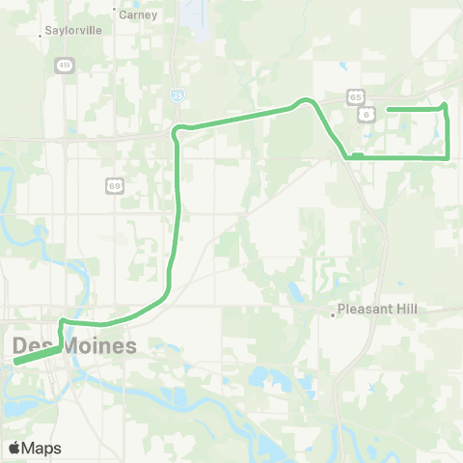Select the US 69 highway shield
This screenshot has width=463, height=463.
click(112, 183)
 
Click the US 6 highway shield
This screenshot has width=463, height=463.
click(367, 114)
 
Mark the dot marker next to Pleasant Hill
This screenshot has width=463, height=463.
click(332, 313)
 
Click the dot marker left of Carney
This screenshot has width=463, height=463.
click(113, 14)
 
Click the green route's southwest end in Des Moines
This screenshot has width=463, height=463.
click(16, 363)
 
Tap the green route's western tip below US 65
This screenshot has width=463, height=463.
click(388, 110)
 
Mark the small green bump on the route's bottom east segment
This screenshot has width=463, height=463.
click(357, 154)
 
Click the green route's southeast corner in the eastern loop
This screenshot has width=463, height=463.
click(448, 156)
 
